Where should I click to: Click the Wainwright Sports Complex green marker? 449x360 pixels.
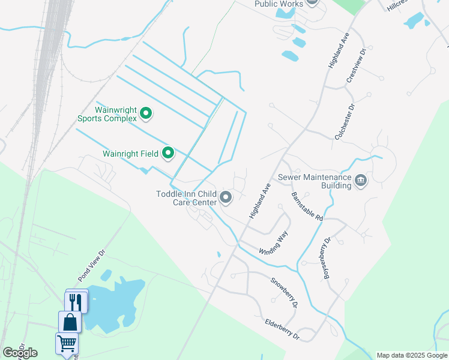(145, 112)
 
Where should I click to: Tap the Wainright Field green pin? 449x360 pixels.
(169, 154)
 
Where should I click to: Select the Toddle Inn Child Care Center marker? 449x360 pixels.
(226, 197)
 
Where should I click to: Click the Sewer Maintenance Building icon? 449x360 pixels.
(360, 180)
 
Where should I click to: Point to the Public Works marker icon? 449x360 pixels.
(312, 2)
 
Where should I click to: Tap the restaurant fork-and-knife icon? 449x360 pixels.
(76, 301)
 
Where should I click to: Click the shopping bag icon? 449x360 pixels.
(70, 322)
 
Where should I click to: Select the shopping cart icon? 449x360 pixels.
(66, 343)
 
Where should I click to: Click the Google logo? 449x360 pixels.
(20, 353)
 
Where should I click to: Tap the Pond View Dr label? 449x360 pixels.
(91, 266)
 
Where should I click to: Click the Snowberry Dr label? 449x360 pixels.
(283, 292)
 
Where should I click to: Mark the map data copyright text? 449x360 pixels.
(412, 355)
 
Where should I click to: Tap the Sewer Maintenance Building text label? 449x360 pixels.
(314, 181)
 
